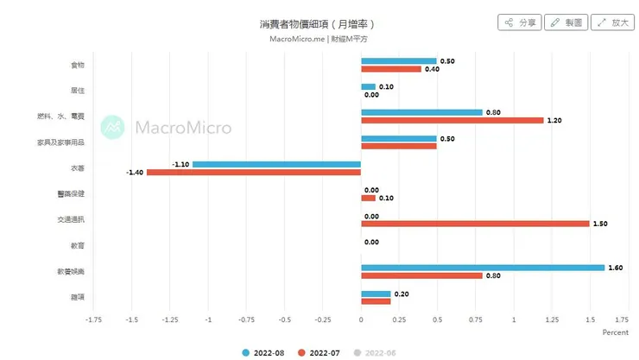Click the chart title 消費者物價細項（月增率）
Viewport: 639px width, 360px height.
(x=318, y=23)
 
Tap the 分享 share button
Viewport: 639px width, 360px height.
(x=521, y=22)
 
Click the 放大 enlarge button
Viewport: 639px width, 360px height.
(x=612, y=22)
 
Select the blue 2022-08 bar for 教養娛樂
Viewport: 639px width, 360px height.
(x=482, y=268)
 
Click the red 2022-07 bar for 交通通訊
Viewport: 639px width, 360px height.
(x=475, y=224)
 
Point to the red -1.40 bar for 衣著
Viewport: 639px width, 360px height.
(x=254, y=173)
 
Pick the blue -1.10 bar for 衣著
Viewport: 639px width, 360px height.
(x=276, y=164)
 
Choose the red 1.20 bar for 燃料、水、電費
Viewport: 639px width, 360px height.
(x=452, y=120)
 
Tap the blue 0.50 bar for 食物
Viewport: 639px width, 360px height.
(x=398, y=61)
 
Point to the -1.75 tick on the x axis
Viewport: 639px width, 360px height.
(x=94, y=319)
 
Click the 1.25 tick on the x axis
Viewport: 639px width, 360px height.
(x=551, y=319)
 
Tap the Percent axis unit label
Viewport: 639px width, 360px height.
(x=615, y=332)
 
